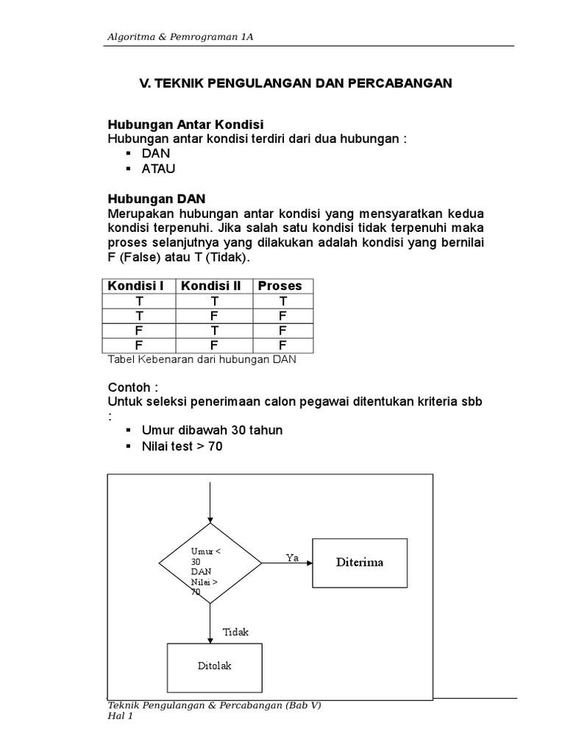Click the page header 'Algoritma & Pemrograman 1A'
[x=180, y=38]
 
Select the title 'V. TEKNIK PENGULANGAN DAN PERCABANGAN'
[x=296, y=84]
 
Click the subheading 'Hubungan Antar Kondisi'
[x=185, y=124]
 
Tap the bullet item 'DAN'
[x=156, y=153]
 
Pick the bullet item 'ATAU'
[x=160, y=169]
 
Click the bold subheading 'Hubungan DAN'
[x=157, y=199]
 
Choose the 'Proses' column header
[x=282, y=286]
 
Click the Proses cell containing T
[x=282, y=301]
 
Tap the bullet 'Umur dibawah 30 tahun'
[x=213, y=430]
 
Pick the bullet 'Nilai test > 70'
[x=182, y=446]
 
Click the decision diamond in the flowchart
[x=210, y=564]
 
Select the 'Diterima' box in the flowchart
[x=360, y=563]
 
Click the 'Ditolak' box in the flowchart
[x=214, y=666]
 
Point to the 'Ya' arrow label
[x=292, y=558]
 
